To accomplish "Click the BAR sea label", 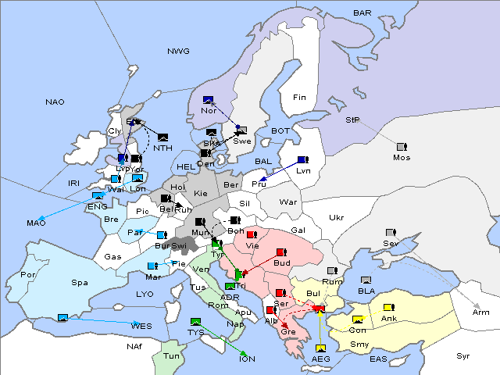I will pos(362,12).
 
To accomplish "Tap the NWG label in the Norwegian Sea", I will pos(178,51).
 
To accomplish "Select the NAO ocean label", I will pos(55,102).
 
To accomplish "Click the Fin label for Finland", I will pos(298,97).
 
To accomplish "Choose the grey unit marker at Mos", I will pos(402,147).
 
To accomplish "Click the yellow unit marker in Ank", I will pos(389,307).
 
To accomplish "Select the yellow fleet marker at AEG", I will pos(320,348).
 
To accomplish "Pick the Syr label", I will pos(463,355).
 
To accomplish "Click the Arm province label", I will pos(481,312).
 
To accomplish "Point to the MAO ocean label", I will pos(37,223).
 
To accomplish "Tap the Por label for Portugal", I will pos(29,275).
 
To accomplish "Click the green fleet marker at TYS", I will pos(196,321).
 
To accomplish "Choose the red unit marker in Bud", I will pos(281,253).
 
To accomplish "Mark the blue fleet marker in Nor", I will pos(208,100).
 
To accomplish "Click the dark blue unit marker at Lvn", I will pos(302,160).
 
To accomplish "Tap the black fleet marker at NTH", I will pos(162,137).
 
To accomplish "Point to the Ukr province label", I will pos(336,218).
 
